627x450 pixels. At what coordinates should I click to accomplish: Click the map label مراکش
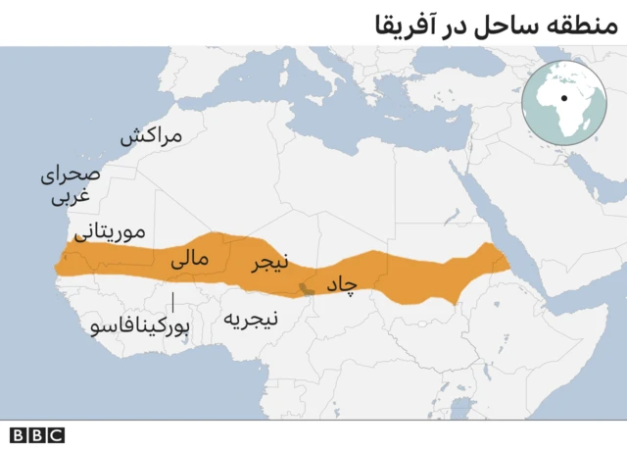[152, 136]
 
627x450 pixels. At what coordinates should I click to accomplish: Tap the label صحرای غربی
[70, 186]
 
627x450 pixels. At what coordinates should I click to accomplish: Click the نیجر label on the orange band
[269, 263]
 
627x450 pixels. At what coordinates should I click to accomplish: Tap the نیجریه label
[251, 319]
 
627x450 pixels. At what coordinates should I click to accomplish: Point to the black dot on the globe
[564, 97]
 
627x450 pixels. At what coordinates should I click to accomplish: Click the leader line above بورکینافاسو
[174, 300]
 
